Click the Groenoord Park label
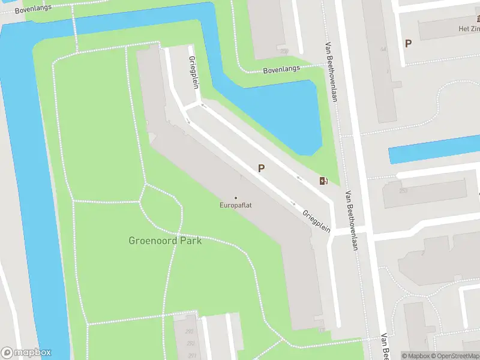click(165, 241)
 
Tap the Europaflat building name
click(235, 206)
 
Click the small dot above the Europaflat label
click(235, 198)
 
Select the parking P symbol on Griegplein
click(261, 169)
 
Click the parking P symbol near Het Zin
click(409, 43)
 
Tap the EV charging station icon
click(323, 181)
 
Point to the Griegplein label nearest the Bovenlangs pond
click(194, 73)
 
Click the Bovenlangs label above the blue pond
click(281, 70)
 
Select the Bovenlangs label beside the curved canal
click(33, 9)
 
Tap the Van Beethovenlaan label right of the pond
click(329, 72)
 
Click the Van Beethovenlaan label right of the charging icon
click(352, 220)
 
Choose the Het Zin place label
click(469, 29)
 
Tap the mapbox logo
click(26, 353)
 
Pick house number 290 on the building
click(190, 332)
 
